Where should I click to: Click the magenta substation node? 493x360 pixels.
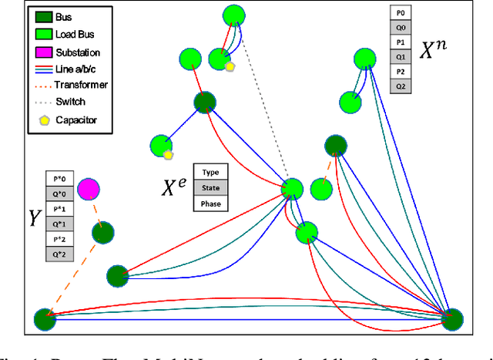88,187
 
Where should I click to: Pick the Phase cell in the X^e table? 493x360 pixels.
212,203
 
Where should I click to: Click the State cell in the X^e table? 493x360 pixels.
212,188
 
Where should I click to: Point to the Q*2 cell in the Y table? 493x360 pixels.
59,252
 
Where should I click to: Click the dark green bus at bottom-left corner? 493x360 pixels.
45,318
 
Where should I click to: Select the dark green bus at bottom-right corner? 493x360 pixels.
451,318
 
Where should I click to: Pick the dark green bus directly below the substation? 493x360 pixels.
102,232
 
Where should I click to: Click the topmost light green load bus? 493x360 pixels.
234,15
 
